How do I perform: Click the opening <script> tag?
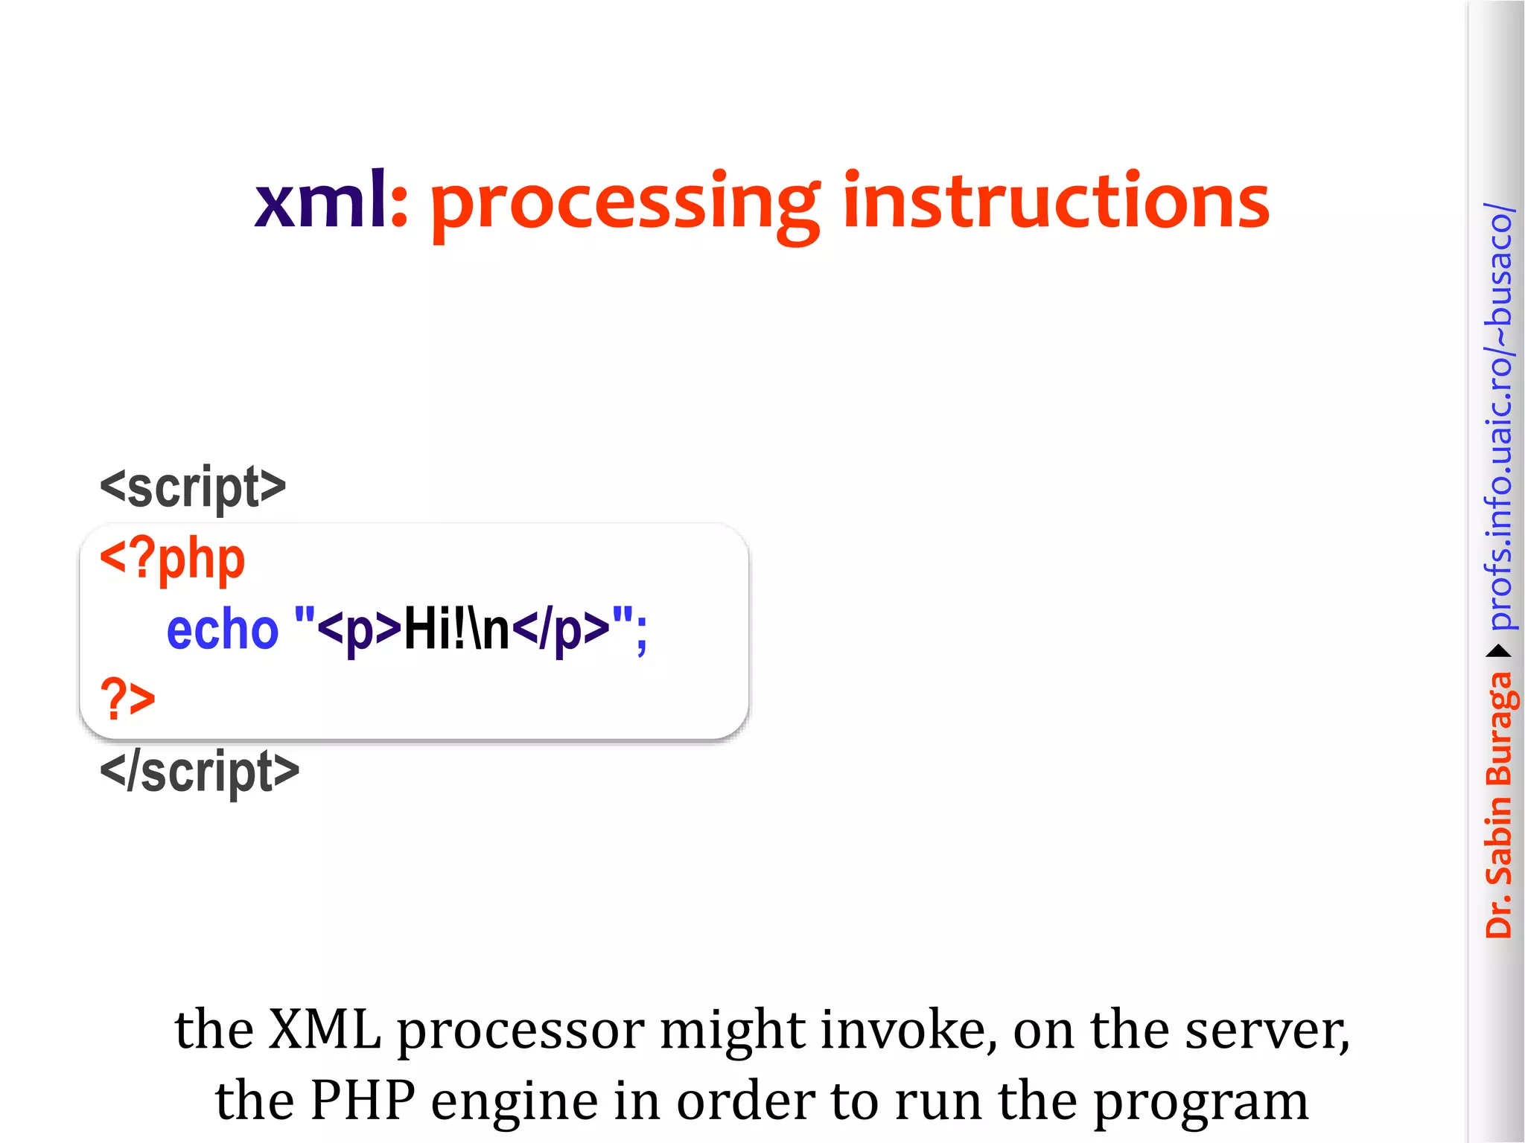coord(193,487)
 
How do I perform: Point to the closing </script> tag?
coord(200,772)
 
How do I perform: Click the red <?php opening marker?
coord(173,560)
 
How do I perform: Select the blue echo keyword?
coord(222,630)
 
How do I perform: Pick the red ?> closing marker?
coord(127,699)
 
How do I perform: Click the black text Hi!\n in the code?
coord(456,630)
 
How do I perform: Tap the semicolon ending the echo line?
coord(642,633)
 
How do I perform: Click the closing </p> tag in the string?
coord(561,630)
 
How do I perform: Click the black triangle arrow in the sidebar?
coord(1498,652)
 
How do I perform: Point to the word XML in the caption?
coord(325,1031)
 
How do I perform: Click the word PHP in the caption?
coord(362,1101)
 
